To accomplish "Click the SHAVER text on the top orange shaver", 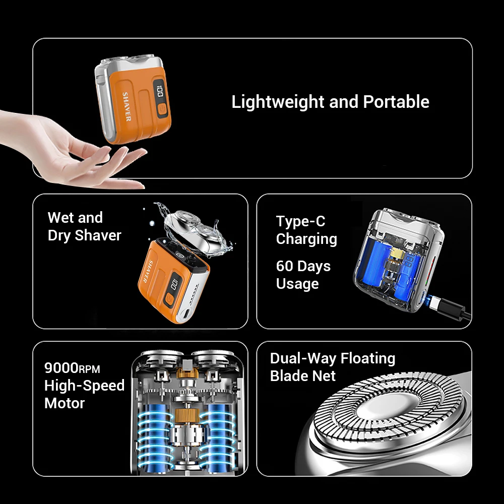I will (x=127, y=106).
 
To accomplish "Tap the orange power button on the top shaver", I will (x=162, y=110).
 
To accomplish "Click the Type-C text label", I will (x=300, y=221).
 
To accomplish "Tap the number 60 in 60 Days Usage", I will (x=284, y=266).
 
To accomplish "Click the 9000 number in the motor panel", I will (x=61, y=367).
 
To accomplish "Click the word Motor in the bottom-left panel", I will (x=65, y=403).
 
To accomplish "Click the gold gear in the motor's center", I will (x=185, y=416).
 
